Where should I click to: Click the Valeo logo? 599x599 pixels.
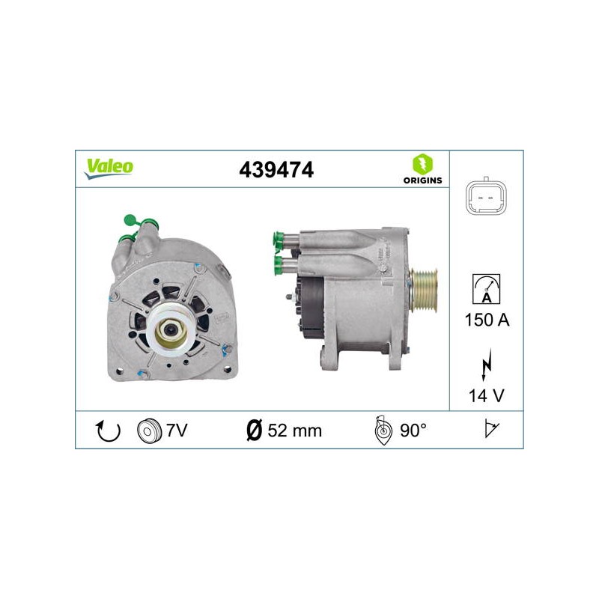[109, 168]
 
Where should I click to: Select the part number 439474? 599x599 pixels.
[276, 170]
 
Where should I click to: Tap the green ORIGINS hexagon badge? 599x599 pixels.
[422, 165]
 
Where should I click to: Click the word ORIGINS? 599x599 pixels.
[422, 180]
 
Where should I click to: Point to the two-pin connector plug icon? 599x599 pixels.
[486, 197]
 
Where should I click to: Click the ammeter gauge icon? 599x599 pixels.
[486, 289]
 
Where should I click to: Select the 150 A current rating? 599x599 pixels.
[487, 320]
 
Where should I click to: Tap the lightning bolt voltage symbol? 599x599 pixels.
[486, 365]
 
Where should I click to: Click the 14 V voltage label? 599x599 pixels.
[486, 396]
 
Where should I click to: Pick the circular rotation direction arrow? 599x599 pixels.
[108, 431]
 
